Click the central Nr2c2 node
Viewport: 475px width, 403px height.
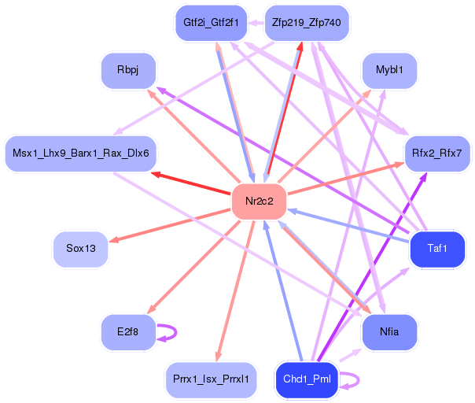coord(259,201)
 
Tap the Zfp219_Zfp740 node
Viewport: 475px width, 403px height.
coord(306,23)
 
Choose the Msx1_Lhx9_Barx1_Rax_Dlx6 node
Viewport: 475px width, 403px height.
coord(81,152)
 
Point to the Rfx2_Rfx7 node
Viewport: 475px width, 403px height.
coord(436,152)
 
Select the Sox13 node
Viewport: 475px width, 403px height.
coord(81,249)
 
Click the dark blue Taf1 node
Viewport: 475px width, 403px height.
coord(437,249)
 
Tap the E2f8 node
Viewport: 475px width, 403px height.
coord(127,332)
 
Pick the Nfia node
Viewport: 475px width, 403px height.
coord(388,332)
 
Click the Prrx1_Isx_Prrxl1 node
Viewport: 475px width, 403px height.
coord(211,379)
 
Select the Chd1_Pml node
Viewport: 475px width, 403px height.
coord(307,379)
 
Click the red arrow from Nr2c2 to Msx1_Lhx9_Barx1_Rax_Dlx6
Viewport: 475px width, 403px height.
coord(192,182)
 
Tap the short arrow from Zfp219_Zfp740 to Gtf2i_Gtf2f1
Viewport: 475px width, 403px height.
coord(256,23)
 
